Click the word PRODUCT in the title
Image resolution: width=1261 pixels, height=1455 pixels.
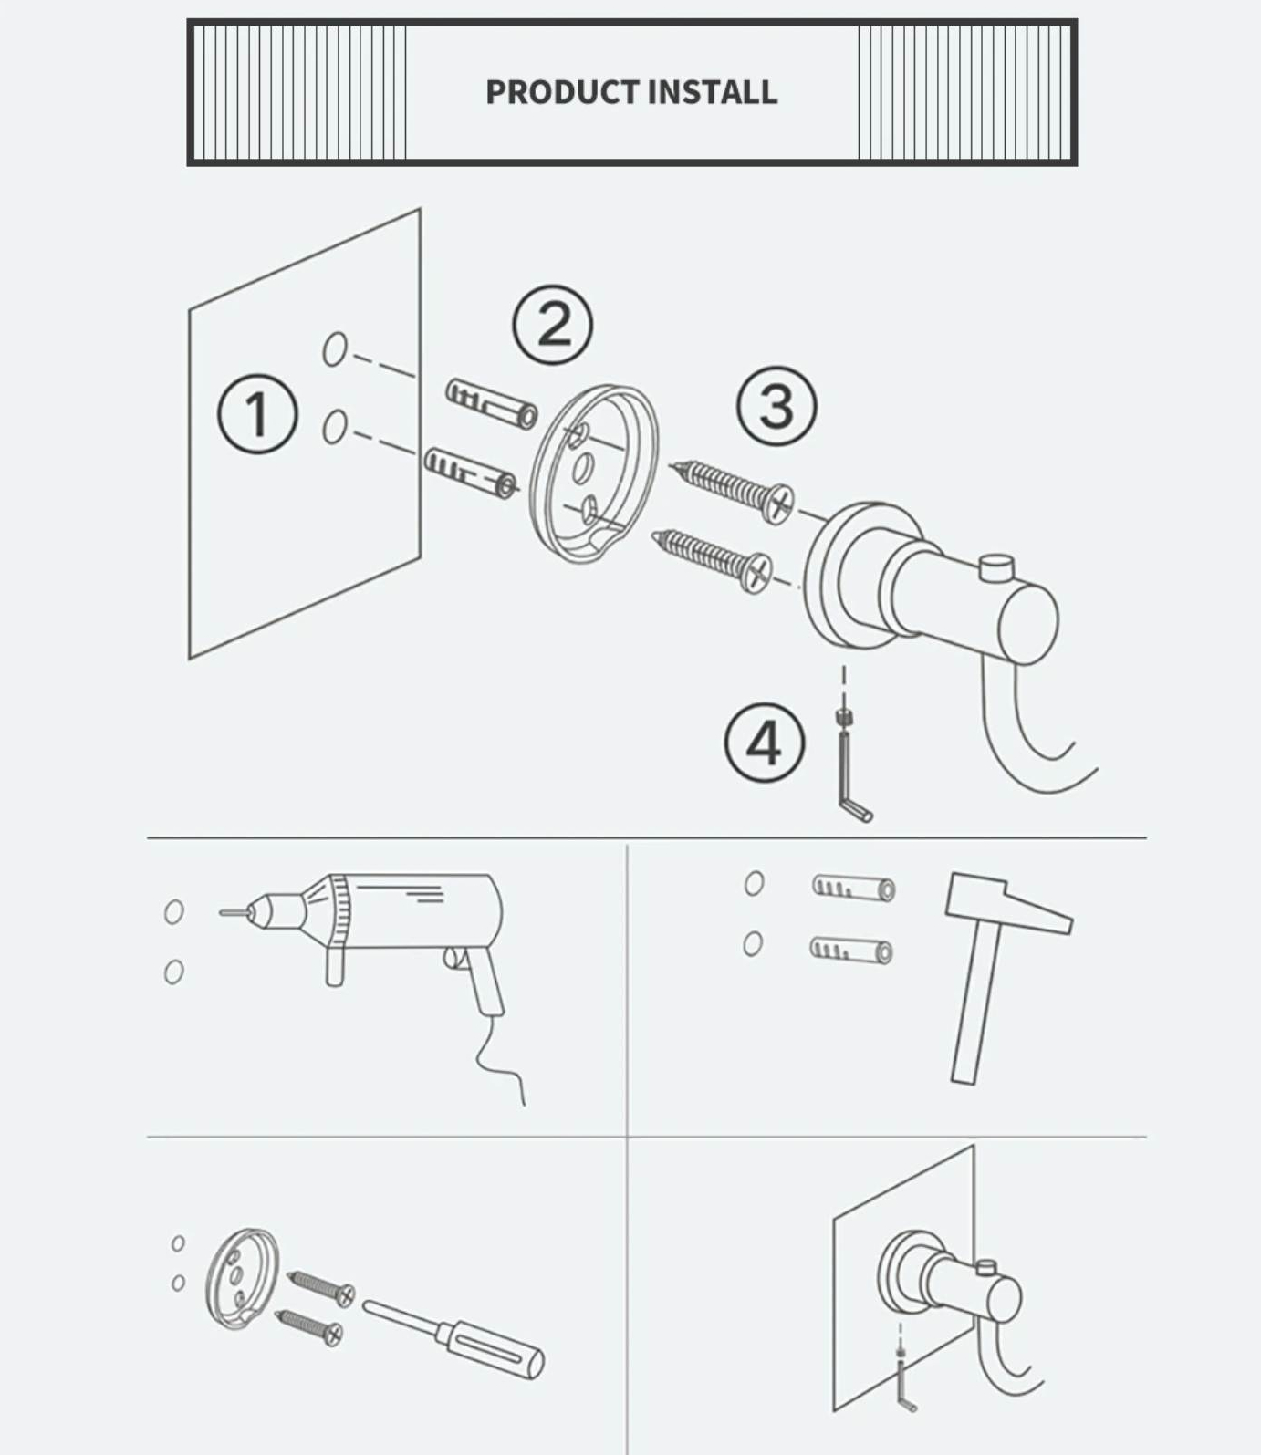(562, 92)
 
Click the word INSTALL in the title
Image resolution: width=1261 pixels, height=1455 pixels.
(713, 92)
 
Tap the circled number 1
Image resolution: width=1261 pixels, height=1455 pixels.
(257, 414)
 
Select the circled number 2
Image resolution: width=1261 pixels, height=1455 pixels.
(552, 326)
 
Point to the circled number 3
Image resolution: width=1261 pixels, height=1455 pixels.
(776, 407)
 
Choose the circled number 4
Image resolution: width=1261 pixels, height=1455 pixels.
(765, 743)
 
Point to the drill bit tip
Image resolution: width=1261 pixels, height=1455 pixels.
(221, 911)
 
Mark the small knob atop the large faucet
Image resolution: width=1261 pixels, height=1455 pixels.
(996, 567)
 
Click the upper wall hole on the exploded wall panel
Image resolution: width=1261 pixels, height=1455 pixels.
(335, 348)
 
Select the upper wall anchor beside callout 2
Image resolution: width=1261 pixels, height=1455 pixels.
(492, 404)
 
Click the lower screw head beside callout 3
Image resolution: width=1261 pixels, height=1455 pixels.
(756, 572)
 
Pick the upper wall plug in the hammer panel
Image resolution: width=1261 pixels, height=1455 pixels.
(853, 888)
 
